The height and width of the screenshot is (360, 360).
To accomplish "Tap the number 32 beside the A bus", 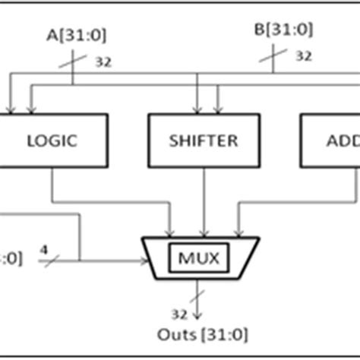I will point(103,62).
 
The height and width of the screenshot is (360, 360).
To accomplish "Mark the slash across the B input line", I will point(274,54).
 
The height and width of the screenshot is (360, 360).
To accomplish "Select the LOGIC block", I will point(52,141).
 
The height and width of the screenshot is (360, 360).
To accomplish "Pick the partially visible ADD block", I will point(330,141).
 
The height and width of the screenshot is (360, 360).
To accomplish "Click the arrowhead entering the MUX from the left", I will point(144,261).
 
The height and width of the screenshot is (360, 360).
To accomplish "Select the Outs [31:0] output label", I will point(201,333).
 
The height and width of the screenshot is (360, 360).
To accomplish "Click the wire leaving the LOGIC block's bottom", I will point(52,186).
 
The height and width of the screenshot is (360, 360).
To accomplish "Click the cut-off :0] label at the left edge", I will point(11,258).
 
